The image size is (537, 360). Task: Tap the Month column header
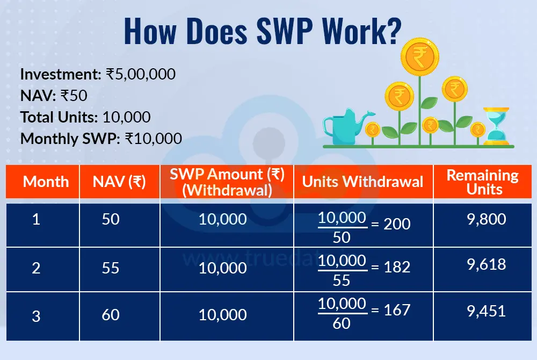(x=46, y=181)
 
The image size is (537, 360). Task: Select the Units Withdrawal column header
(x=363, y=181)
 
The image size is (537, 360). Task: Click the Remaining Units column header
(x=483, y=182)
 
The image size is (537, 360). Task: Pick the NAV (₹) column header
(x=119, y=181)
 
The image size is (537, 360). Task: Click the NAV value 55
(x=110, y=268)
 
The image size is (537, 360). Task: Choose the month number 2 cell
(x=36, y=268)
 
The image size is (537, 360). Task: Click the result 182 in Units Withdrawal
(x=398, y=268)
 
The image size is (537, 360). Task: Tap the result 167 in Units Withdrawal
(x=398, y=310)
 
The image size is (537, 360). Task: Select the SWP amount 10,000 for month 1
(x=223, y=220)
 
